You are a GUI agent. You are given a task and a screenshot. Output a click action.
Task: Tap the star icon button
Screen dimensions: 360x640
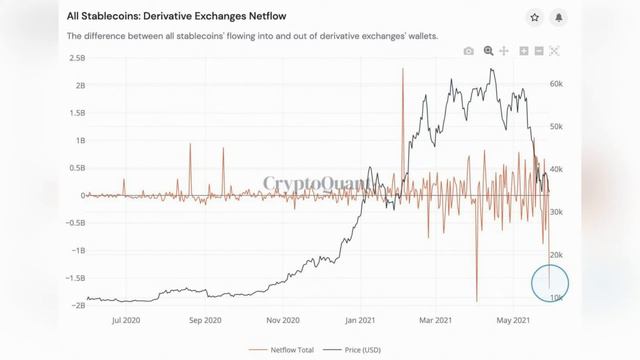536,18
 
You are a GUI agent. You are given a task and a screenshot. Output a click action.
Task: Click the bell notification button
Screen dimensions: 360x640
559,18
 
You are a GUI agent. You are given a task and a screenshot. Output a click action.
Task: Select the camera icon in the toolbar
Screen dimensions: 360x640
469,51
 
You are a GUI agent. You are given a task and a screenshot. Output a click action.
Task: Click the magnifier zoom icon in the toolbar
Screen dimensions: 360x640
489,51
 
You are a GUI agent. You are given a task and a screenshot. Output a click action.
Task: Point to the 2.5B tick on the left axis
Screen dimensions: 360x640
76,58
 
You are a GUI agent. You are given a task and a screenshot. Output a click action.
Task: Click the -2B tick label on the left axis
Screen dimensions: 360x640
75,306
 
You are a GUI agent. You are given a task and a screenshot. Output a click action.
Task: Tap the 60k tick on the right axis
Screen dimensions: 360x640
556,85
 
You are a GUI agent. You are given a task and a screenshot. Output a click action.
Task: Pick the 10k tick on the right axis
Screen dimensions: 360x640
556,298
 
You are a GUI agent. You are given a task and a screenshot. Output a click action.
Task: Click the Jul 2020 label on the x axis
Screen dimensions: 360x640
126,320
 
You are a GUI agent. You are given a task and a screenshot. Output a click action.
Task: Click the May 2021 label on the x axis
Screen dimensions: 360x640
512,320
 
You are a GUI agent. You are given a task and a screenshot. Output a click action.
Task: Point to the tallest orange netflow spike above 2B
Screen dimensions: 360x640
402,70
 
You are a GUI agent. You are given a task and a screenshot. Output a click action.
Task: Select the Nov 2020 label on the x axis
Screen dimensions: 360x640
283,320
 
